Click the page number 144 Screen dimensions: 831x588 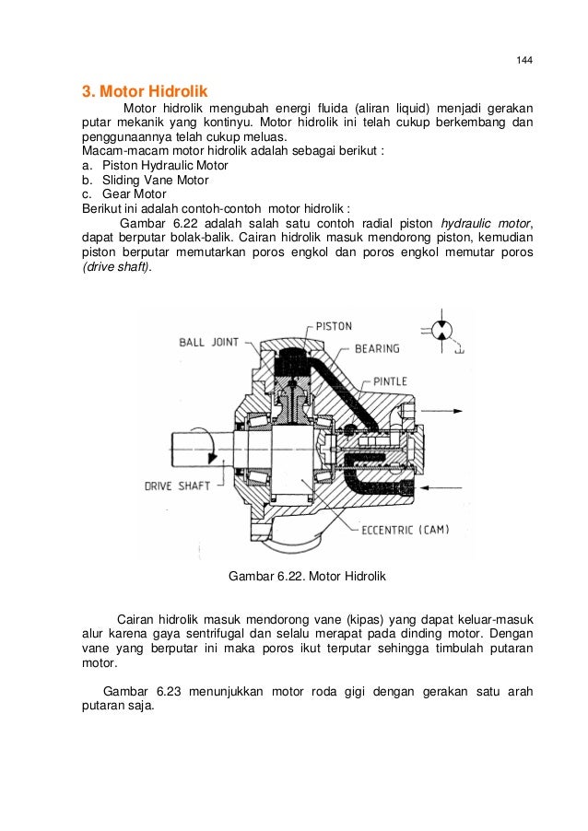pyautogui.click(x=524, y=61)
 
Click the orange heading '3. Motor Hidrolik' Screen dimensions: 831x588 pyautogui.click(x=146, y=92)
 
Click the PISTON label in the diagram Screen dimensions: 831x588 pyautogui.click(x=334, y=326)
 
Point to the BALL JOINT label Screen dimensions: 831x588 pyautogui.click(x=208, y=342)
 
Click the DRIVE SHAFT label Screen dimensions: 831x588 pyautogui.click(x=178, y=486)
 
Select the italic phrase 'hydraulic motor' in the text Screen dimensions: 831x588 pyautogui.click(x=486, y=224)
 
